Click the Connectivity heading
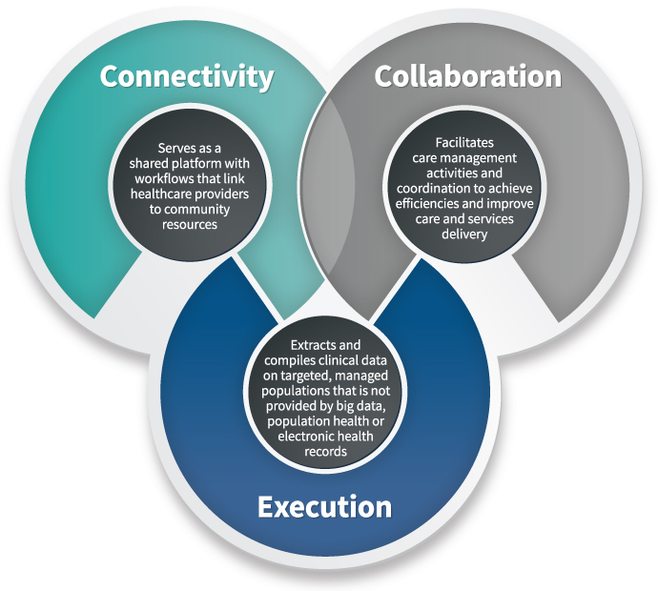tap(187, 76)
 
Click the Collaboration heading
tap(467, 76)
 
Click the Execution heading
tap(324, 506)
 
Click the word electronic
tap(306, 437)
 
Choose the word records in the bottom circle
tap(324, 452)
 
